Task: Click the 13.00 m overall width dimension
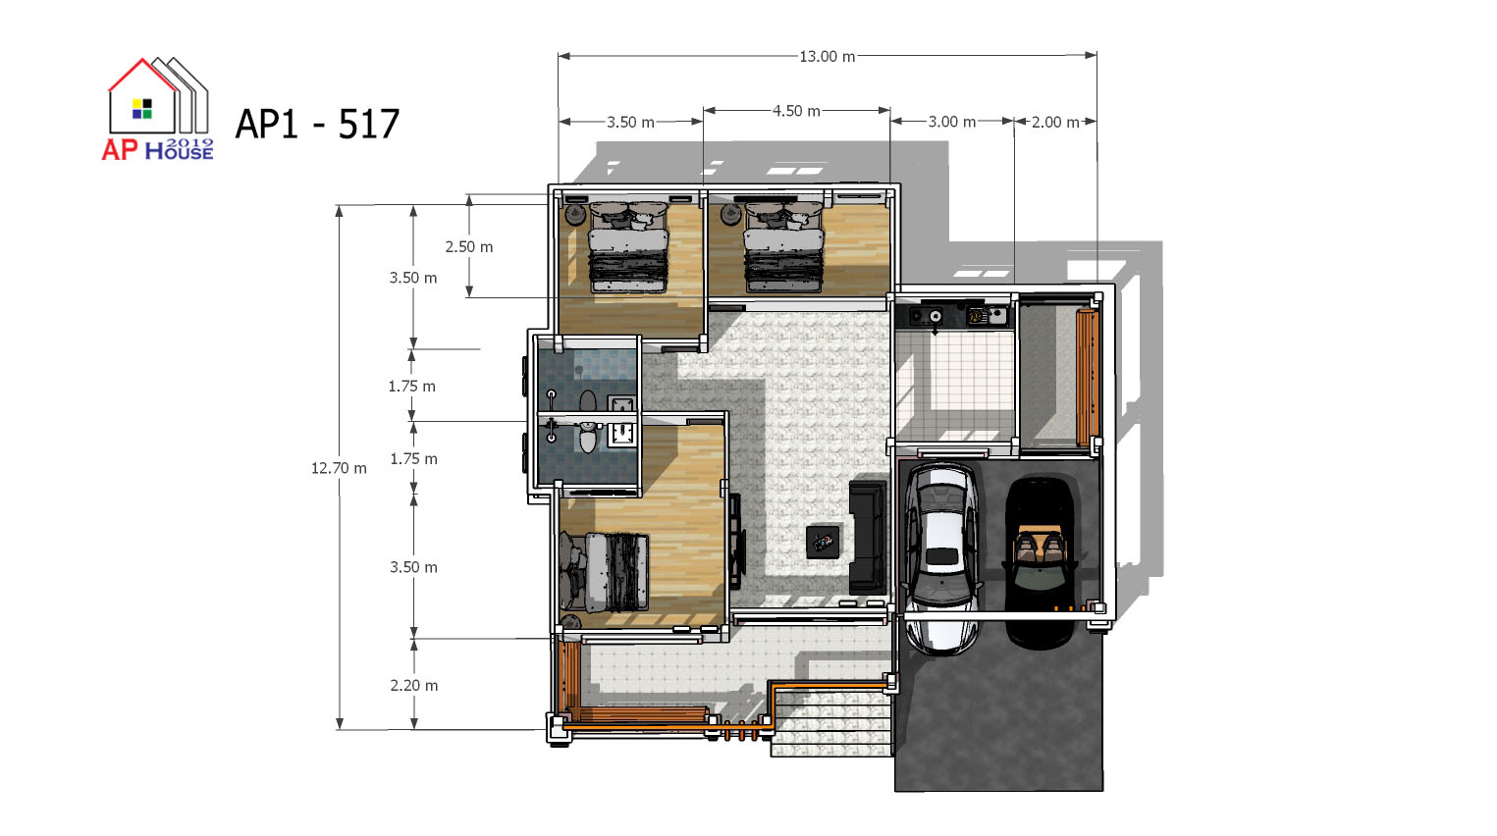(x=827, y=56)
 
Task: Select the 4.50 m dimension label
(x=796, y=111)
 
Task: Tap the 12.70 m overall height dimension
(x=339, y=468)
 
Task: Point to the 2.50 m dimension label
(x=469, y=246)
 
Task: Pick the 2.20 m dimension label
(x=414, y=685)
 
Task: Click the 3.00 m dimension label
(x=951, y=122)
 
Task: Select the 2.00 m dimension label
(x=1055, y=123)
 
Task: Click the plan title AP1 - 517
(x=317, y=124)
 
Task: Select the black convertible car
(x=1040, y=562)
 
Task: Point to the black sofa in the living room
(x=868, y=537)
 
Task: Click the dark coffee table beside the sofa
(x=823, y=542)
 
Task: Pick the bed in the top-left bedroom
(x=628, y=248)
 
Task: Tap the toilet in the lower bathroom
(x=587, y=437)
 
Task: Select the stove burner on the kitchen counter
(x=935, y=315)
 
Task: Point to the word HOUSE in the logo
(x=179, y=152)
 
